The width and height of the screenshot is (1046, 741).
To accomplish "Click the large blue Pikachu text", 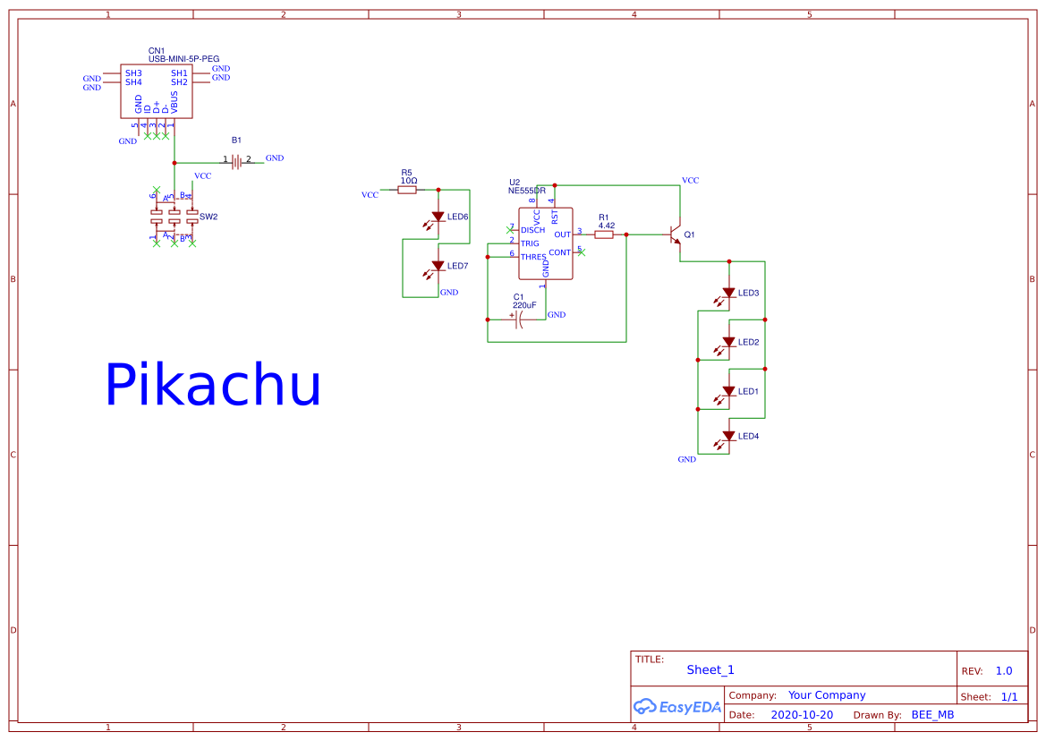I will (213, 386).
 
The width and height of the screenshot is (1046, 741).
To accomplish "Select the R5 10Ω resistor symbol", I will (407, 190).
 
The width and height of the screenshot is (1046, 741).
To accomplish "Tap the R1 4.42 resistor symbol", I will (604, 234).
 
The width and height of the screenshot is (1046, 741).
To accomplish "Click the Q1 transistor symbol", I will (676, 234).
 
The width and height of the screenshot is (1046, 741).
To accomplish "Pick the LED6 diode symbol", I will (438, 217).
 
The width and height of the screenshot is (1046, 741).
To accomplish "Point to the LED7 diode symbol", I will (438, 266).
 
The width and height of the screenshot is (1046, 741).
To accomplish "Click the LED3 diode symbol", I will (728, 293).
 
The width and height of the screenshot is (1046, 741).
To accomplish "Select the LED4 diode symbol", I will (728, 436).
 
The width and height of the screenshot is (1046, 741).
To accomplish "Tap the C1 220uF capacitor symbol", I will (519, 319).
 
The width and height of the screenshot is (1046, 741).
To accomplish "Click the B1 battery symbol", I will (236, 161).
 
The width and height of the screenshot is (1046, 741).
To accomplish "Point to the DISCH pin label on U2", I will (532, 230).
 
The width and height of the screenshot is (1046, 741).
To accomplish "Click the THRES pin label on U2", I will (533, 257).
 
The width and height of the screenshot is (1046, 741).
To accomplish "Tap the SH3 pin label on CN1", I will (133, 72).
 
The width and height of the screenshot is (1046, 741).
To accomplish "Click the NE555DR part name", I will (527, 191).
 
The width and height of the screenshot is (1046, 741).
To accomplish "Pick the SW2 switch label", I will (208, 217).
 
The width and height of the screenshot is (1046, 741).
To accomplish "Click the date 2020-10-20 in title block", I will (802, 715).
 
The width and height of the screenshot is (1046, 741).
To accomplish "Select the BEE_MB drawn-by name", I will (932, 715).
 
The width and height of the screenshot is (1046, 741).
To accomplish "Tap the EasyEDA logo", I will (677, 706).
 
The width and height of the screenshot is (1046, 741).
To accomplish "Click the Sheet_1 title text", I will (710, 669).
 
